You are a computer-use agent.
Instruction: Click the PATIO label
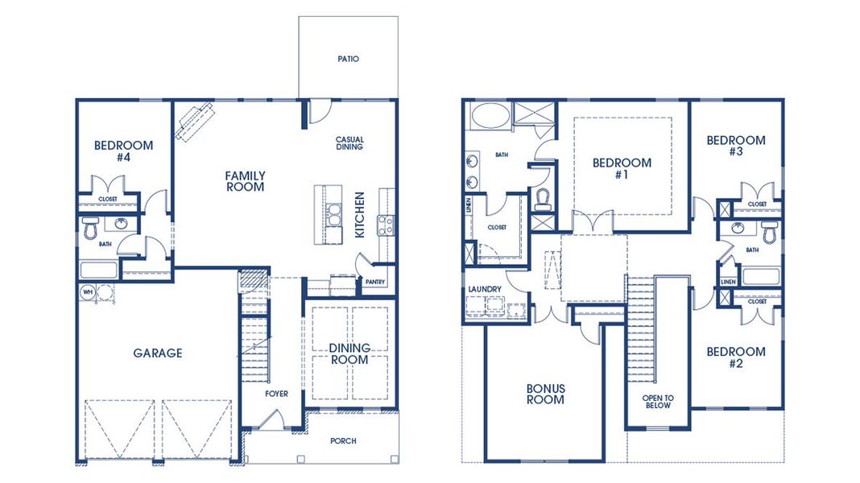[348, 59]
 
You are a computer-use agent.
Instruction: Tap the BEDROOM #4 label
[123, 151]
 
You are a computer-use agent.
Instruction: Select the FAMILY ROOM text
[245, 181]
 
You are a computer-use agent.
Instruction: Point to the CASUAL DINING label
[349, 143]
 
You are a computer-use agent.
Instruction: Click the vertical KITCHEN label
[360, 214]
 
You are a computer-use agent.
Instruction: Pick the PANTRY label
[374, 282]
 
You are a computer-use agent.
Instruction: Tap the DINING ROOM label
[349, 353]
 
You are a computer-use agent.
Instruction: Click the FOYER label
[276, 394]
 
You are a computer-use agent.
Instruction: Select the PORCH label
[343, 440]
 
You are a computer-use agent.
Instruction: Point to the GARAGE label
[158, 353]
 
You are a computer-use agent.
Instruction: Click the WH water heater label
[85, 291]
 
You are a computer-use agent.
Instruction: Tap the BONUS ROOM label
[545, 394]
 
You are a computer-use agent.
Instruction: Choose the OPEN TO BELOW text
[657, 402]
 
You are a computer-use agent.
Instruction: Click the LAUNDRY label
[485, 289]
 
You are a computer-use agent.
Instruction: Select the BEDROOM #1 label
[622, 168]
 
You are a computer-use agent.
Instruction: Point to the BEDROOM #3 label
[735, 146]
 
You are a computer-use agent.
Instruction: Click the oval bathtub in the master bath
[488, 115]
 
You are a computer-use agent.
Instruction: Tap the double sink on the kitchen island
[333, 215]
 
